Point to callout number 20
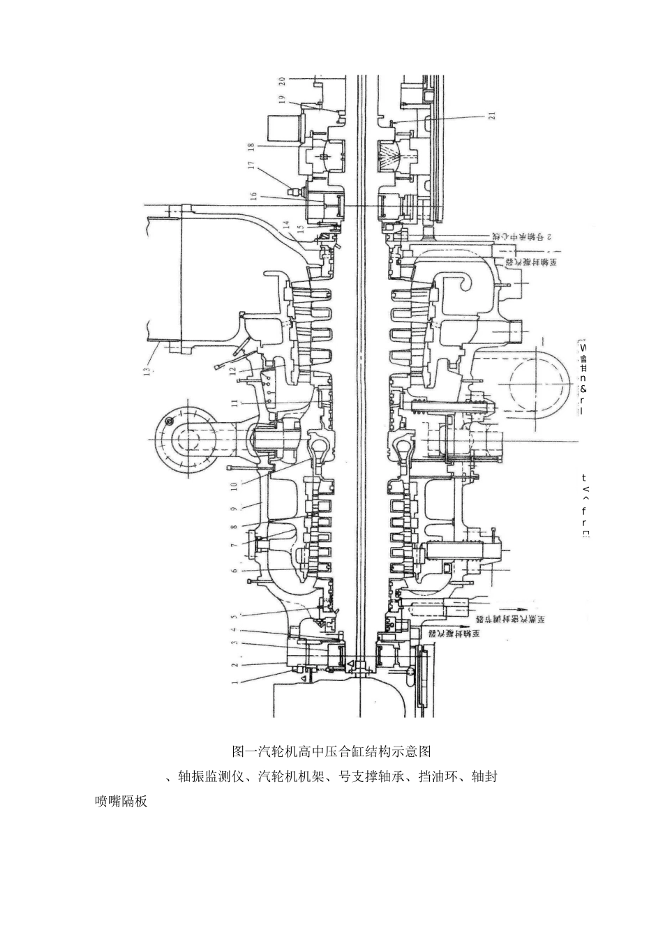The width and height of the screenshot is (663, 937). [x=281, y=84]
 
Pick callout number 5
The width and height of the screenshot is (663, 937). [x=235, y=570]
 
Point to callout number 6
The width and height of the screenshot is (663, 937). [x=235, y=570]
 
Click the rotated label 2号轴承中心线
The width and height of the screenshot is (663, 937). [x=522, y=237]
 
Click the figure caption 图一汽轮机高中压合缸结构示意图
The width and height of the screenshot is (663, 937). [x=331, y=751]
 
